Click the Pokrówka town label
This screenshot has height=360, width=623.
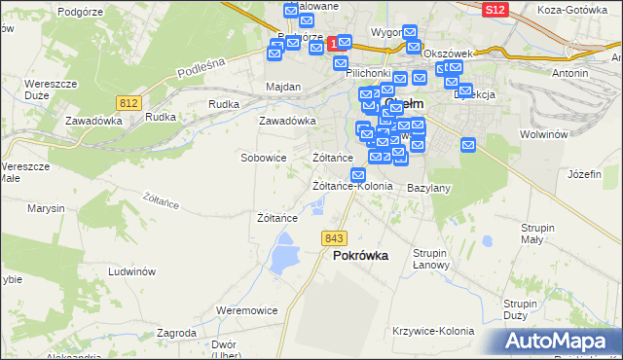coord(360,256)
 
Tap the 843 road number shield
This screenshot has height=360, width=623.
coord(335,238)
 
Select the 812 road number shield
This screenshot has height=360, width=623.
coord(128,102)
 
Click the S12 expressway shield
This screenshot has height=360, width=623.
coord(494,9)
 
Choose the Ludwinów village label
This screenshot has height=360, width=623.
coord(132,272)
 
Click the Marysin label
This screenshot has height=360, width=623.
coord(46,208)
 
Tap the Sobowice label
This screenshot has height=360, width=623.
coord(263,157)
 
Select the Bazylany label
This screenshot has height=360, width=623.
coord(428,187)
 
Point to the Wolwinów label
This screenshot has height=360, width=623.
coord(543,134)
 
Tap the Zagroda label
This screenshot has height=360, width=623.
coord(176,333)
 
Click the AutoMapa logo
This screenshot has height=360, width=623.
coord(561,341)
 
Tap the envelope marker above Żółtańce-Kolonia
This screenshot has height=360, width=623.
coord(358,175)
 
